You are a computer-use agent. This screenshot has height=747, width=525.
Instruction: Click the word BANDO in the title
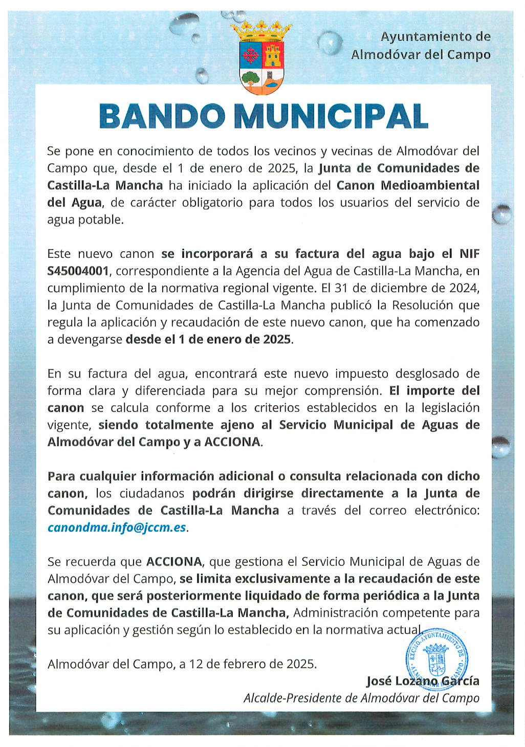(162, 116)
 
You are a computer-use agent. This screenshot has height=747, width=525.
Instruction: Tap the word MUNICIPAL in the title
(331, 116)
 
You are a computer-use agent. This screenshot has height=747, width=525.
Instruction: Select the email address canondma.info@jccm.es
(117, 528)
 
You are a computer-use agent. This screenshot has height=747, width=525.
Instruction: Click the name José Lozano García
(423, 681)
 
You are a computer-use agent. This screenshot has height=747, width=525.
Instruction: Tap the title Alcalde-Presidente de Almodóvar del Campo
(361, 698)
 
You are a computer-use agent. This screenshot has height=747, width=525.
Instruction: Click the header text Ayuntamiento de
(435, 37)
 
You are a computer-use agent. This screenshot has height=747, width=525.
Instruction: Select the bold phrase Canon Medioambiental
(408, 185)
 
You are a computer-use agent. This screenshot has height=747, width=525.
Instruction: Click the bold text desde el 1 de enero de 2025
(208, 339)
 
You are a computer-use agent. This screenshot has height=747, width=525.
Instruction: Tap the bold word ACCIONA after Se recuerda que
(174, 562)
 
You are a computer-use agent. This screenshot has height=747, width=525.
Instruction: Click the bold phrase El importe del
(434, 391)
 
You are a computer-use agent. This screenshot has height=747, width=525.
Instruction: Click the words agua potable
(85, 220)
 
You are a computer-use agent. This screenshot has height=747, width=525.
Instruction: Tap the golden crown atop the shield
(261, 31)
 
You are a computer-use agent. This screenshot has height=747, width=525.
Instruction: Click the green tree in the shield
(251, 78)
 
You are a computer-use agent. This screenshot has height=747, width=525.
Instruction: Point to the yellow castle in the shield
(273, 54)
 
